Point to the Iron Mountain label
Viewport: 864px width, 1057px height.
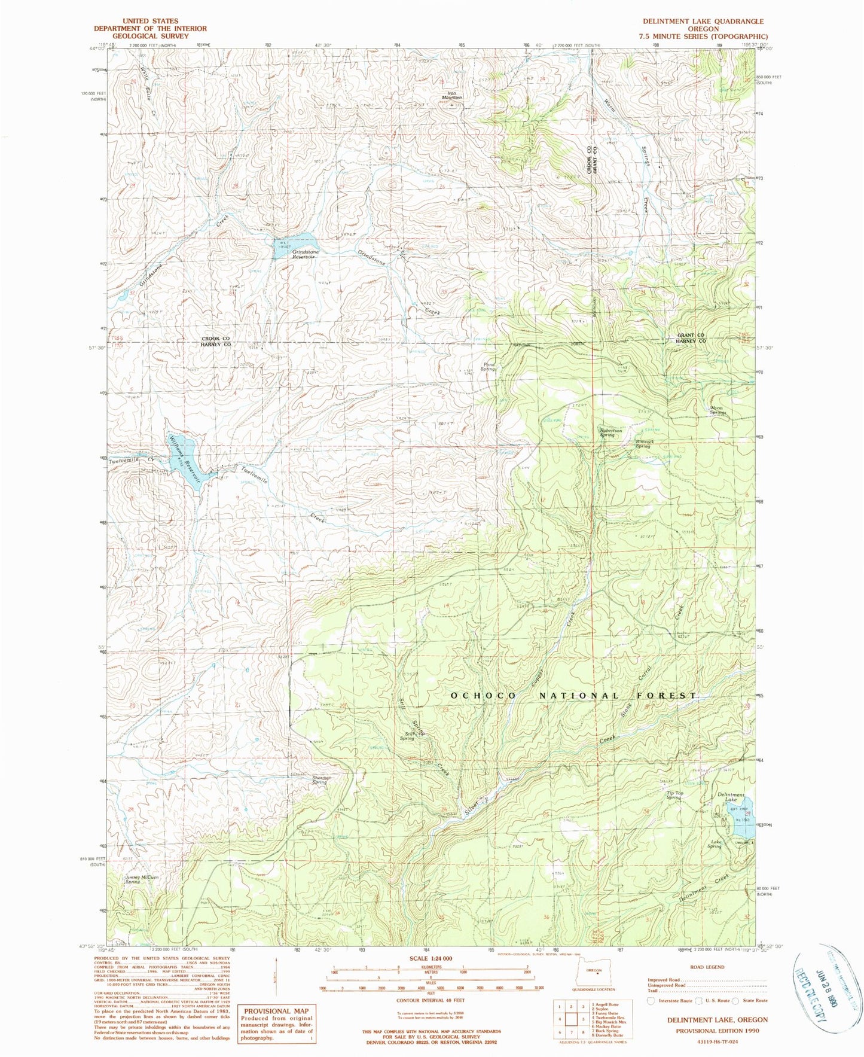click(x=456, y=95)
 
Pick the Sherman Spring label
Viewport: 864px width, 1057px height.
click(x=321, y=780)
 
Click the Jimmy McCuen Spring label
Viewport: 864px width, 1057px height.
click(x=140, y=879)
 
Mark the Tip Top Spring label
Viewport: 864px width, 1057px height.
click(x=674, y=796)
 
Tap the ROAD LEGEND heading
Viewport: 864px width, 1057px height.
click(x=707, y=967)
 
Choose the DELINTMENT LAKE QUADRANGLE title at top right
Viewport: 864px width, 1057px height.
click(x=703, y=21)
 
